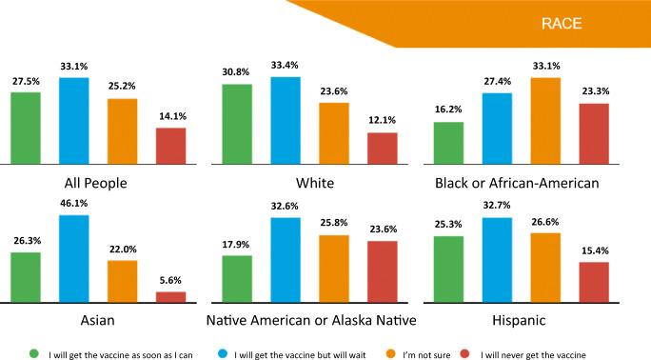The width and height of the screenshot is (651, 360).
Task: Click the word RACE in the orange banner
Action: tap(562, 23)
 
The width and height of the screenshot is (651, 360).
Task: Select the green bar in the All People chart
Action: tap(26, 128)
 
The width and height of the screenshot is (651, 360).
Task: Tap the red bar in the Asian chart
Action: tap(171, 297)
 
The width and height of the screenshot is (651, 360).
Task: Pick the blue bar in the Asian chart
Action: tap(74, 259)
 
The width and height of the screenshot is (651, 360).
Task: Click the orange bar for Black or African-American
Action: tap(545, 121)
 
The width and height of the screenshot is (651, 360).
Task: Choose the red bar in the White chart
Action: tap(383, 149)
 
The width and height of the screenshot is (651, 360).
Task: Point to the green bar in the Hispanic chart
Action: tap(449, 270)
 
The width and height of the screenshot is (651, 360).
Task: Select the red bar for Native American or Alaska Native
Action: tap(383, 271)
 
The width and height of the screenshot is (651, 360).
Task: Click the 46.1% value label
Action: tap(74, 203)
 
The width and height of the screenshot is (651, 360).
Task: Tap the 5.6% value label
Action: tap(170, 280)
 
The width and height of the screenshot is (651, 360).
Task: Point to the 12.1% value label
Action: tap(383, 120)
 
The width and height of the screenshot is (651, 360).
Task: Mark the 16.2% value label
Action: tap(448, 110)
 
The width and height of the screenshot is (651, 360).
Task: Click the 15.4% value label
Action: tap(595, 250)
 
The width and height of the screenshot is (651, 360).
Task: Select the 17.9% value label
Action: tap(235, 245)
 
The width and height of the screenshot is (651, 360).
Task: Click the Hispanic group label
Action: tap(519, 320)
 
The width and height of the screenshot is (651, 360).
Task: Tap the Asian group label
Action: tap(98, 320)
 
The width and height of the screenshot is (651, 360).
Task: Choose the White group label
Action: tap(315, 183)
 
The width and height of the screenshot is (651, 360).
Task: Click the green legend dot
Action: tap(34, 353)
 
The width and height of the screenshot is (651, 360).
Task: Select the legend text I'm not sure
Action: tap(426, 355)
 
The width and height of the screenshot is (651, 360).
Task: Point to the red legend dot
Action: tap(465, 353)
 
